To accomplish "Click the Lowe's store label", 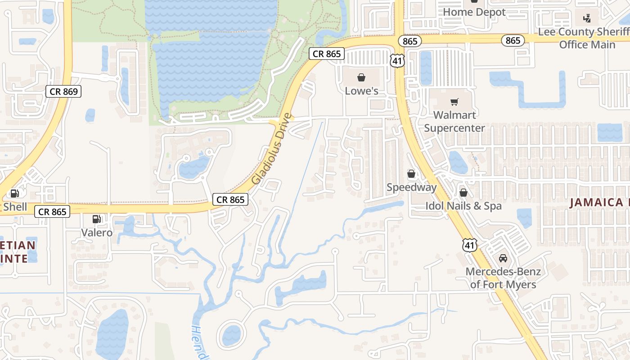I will coord(361,91).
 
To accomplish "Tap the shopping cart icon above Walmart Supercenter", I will coord(454,102).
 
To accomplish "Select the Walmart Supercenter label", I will coord(454,121).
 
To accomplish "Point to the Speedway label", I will coord(411,187).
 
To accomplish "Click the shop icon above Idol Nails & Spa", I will coord(463,193).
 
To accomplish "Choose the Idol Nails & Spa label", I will coord(463,206).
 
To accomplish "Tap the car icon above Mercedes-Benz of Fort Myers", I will coord(503,258).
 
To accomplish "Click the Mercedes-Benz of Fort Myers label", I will coord(503,278).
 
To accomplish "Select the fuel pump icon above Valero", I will coord(96,219).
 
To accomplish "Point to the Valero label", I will coord(97,233).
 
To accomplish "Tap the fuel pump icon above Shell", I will coord(14,193).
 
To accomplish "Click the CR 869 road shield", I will coord(64,92).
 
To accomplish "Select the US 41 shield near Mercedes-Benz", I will coord(469,245).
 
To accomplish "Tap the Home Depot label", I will coord(474,12).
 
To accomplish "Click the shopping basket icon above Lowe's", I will coord(361,77).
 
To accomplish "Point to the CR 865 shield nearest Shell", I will coord(52,211).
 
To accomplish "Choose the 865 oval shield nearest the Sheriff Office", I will coord(513,40).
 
